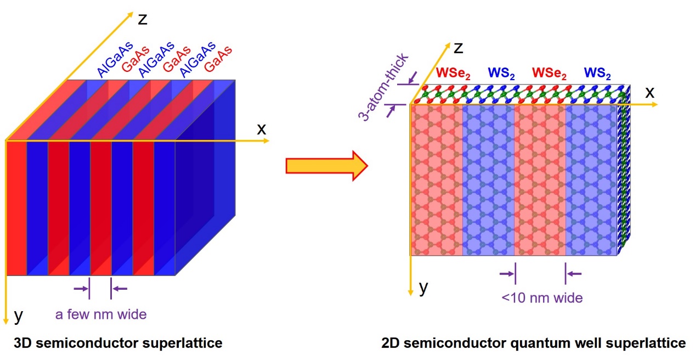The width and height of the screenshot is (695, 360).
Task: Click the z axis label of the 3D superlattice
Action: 143,19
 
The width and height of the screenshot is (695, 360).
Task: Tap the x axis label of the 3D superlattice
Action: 262,129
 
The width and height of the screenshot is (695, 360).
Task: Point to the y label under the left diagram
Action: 18,315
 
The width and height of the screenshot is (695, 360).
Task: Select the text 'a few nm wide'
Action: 101,314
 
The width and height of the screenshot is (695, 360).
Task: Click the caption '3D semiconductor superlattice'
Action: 118,344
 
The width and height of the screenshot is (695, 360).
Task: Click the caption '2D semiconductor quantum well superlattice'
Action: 533,344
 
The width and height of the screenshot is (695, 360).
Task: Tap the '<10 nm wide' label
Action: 542,298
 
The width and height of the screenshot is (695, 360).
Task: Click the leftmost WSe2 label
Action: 453,72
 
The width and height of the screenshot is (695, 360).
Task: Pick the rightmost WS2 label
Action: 597,72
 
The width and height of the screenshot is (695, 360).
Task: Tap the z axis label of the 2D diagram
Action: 459,48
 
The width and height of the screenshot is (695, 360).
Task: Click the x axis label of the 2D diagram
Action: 649,92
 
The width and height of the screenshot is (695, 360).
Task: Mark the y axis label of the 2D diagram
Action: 423,288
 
